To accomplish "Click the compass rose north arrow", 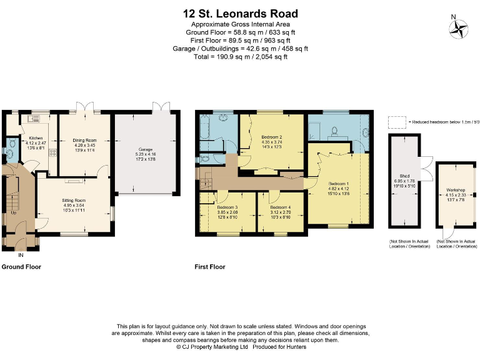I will point(459,27).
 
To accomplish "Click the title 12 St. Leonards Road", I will point(240,13).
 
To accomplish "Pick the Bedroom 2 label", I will point(272,137).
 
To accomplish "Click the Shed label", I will point(404,176).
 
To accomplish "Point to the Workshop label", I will point(456,189).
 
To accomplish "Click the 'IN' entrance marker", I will point(21,255).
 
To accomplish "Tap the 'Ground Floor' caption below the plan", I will point(21,267).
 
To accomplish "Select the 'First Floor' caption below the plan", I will point(209,267).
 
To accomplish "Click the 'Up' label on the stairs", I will point(14,212).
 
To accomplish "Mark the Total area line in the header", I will point(240,57).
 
